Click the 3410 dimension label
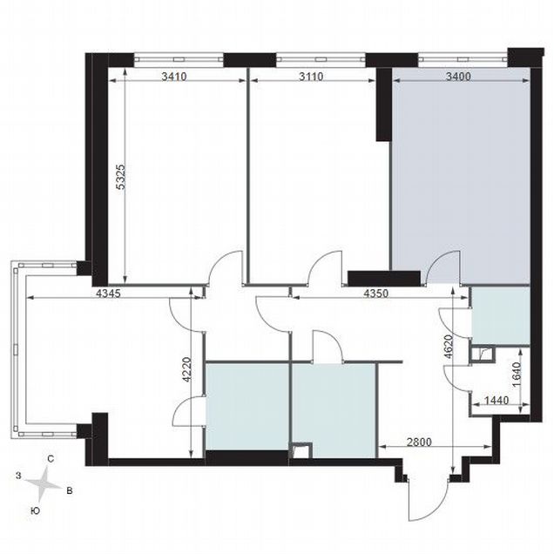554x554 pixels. (x=174, y=76)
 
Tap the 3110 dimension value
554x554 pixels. (x=311, y=76)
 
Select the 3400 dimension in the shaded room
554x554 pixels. (x=458, y=76)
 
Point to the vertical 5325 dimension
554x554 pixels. (x=121, y=177)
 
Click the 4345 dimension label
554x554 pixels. (x=109, y=294)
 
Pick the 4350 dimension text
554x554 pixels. (x=376, y=294)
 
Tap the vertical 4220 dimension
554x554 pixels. (x=186, y=369)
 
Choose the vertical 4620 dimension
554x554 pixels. (x=448, y=347)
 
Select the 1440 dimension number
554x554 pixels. (x=497, y=401)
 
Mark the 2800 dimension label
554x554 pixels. (x=419, y=442)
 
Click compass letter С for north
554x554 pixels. (x=51, y=459)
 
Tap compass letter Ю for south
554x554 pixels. (x=35, y=510)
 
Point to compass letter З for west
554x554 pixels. (x=18, y=476)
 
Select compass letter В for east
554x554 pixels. (x=70, y=490)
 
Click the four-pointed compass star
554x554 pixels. (x=43, y=484)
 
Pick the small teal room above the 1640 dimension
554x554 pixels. (x=501, y=315)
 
